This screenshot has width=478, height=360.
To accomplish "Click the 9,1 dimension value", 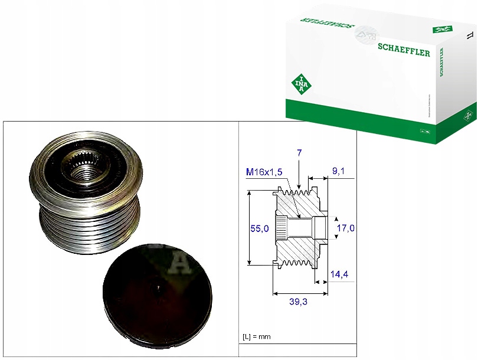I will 339,172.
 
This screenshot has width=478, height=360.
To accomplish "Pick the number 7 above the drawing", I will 299,153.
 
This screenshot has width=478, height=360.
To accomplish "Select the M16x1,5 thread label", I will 265,172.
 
